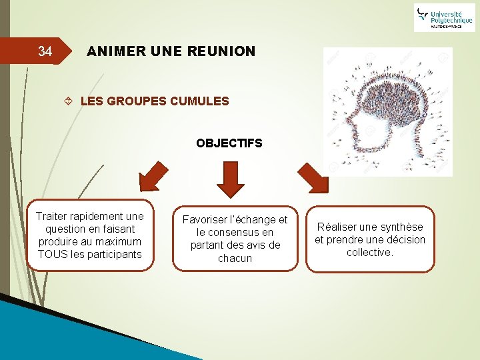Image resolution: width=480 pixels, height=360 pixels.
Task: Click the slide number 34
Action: [x=45, y=51]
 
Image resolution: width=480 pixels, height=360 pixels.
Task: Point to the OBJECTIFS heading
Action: [x=229, y=143]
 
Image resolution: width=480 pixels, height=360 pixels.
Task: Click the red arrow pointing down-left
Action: [x=153, y=175]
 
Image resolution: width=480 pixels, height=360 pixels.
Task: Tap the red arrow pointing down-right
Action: [x=313, y=176]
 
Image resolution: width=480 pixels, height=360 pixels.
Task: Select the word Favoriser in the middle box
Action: [x=205, y=220]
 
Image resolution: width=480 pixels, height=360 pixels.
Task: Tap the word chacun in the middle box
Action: [x=235, y=258]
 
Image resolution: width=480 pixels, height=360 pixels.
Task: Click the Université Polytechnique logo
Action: [x=444, y=17]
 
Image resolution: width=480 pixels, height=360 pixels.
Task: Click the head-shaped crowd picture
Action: [x=387, y=111]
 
